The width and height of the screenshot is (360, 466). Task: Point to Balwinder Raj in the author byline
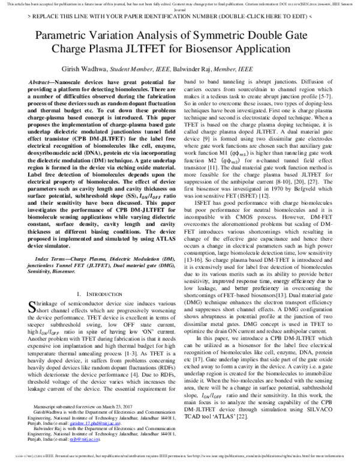205,70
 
